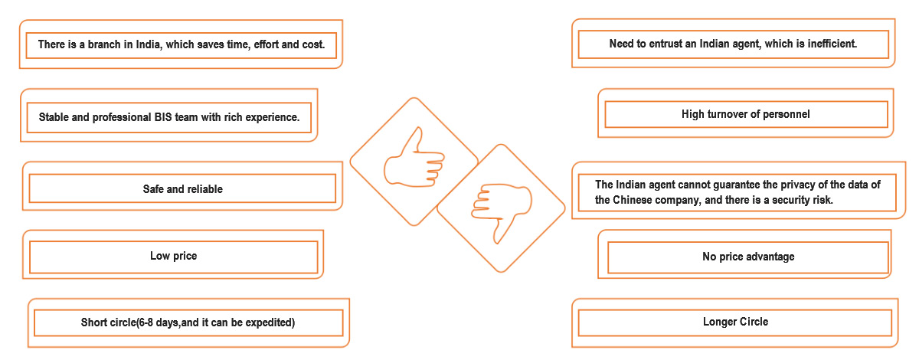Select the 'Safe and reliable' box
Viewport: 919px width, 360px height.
(x=182, y=188)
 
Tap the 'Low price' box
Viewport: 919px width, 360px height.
(x=174, y=257)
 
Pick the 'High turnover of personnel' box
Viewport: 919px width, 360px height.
(x=746, y=114)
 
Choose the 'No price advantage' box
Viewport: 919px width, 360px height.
(x=748, y=257)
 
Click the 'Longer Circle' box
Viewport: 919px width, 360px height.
(x=735, y=322)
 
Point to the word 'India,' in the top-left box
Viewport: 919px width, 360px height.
(x=149, y=44)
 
